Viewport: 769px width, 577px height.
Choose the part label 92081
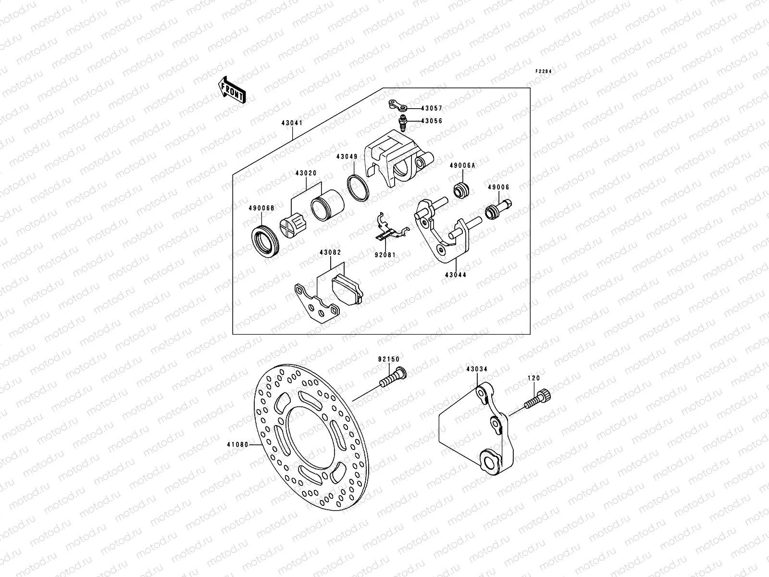pyautogui.click(x=386, y=255)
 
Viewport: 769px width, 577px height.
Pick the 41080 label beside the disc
pyautogui.click(x=238, y=445)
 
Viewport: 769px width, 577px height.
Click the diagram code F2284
pyautogui.click(x=543, y=71)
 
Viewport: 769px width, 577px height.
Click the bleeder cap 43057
pyautogui.click(x=397, y=105)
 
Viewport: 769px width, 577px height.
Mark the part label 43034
pyautogui.click(x=476, y=369)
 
